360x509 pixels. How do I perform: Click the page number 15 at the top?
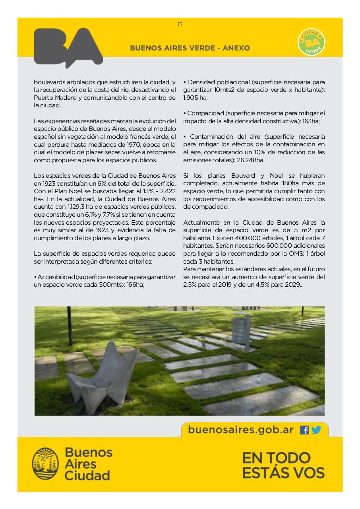click(180, 25)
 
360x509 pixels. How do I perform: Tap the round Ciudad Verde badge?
click(312, 42)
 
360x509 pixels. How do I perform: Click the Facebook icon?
click(304, 430)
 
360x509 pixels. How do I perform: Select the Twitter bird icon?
click(316, 430)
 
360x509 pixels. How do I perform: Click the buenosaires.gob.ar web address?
click(241, 430)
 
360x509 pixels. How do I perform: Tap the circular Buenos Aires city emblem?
click(45, 463)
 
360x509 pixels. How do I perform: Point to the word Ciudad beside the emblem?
click(87, 475)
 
